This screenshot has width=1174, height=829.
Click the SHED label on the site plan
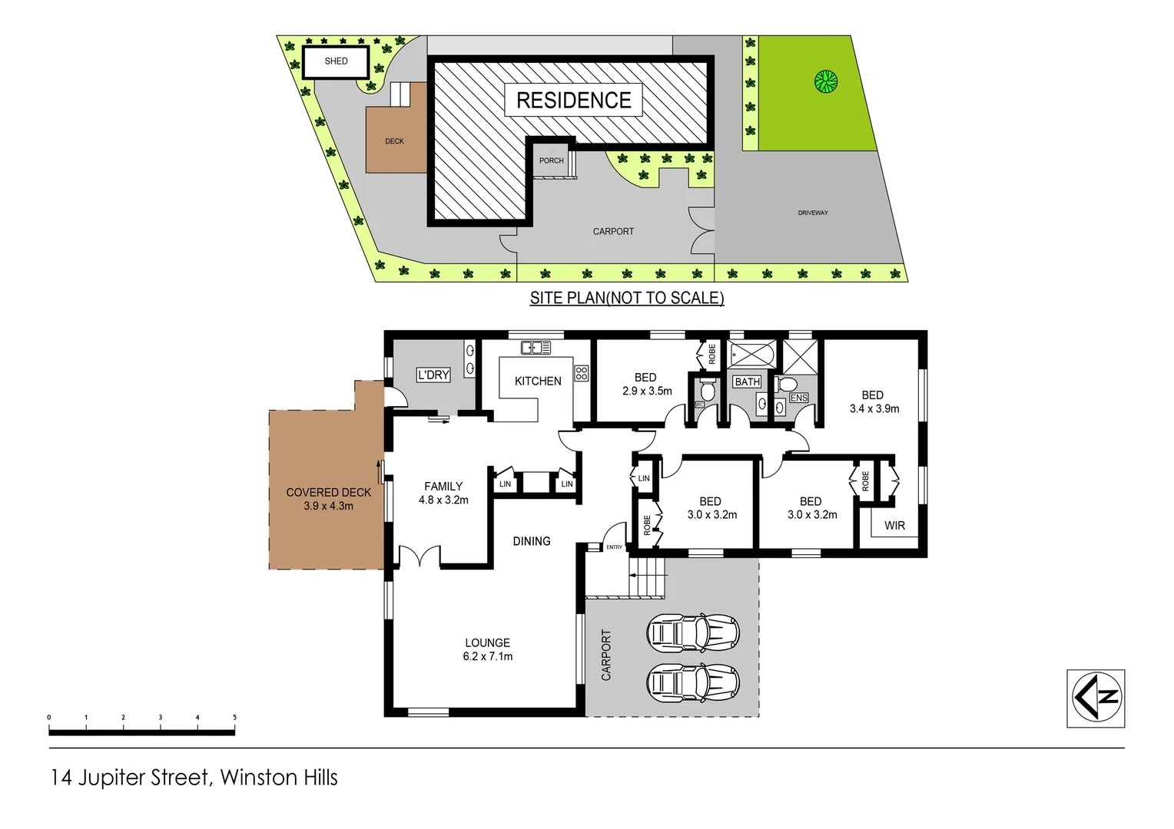pyautogui.click(x=336, y=61)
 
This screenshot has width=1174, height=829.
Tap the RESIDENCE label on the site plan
pyautogui.click(x=573, y=101)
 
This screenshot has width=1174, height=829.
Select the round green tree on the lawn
pyautogui.click(x=825, y=81)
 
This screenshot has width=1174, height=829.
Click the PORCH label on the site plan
pyautogui.click(x=551, y=160)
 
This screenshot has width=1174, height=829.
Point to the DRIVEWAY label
pyautogui.click(x=812, y=213)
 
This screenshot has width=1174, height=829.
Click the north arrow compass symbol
pyautogui.click(x=1096, y=698)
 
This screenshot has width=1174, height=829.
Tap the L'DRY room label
pyautogui.click(x=433, y=375)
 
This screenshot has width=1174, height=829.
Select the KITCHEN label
pyautogui.click(x=538, y=381)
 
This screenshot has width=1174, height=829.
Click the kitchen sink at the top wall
pyautogui.click(x=536, y=348)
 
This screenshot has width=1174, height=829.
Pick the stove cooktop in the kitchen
pyautogui.click(x=582, y=374)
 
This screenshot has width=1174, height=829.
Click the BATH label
pyautogui.click(x=747, y=381)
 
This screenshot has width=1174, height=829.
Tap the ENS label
pyautogui.click(x=799, y=398)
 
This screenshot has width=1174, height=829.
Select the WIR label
pyautogui.click(x=894, y=526)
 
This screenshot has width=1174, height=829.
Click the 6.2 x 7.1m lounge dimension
pyautogui.click(x=488, y=656)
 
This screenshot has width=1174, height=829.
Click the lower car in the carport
pyautogui.click(x=694, y=682)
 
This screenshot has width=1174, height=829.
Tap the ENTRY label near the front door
pyautogui.click(x=615, y=547)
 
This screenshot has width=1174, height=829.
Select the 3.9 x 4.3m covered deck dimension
pyautogui.click(x=328, y=506)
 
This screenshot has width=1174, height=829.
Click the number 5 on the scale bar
pyautogui.click(x=234, y=718)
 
